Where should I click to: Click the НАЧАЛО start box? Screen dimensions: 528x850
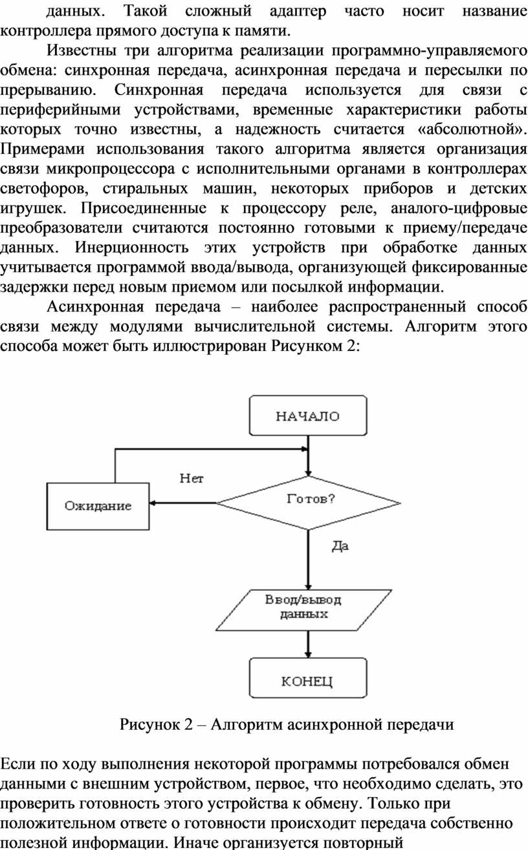tap(308, 416)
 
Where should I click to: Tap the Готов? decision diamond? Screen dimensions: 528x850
tap(308, 503)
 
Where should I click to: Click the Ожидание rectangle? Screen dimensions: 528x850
tap(98, 506)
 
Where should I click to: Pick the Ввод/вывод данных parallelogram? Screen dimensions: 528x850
tap(304, 610)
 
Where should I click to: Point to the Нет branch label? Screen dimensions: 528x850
tap(192, 478)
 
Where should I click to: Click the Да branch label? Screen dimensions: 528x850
tap(340, 546)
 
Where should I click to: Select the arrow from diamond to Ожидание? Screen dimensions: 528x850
tap(182, 503)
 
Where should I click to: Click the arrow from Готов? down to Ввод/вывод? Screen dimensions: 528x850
tap(308, 560)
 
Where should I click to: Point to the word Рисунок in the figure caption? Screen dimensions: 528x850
tap(149, 725)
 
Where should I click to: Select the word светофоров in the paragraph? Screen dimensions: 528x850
tap(45, 189)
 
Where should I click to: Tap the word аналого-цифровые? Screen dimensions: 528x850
tap(459, 208)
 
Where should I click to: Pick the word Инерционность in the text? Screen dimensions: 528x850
tap(132, 248)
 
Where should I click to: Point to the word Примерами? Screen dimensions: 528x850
tap(42, 149)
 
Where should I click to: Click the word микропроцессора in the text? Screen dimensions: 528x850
tap(111, 169)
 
